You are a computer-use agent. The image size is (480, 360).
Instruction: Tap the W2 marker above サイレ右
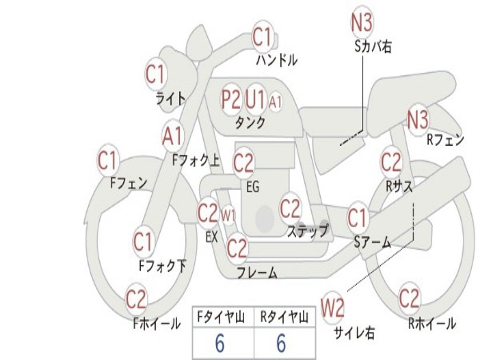click(332, 308)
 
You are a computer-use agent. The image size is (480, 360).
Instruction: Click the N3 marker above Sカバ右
click(362, 22)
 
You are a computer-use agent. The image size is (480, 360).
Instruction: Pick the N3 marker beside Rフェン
click(418, 120)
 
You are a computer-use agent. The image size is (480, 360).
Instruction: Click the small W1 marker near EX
click(228, 215)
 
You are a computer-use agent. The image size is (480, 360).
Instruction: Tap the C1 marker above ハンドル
click(262, 37)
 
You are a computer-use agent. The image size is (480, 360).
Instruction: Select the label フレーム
click(257, 273)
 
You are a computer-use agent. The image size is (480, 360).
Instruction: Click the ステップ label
click(307, 231)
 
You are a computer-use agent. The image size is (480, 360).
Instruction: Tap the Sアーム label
click(373, 242)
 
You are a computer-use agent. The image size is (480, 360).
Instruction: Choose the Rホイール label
click(432, 323)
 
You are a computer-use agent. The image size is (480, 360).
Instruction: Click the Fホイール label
click(157, 323)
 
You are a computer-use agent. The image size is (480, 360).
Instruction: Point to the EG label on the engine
click(253, 187)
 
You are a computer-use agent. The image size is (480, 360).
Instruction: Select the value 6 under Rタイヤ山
click(281, 343)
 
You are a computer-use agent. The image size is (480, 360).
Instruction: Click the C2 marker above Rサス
click(391, 162)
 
